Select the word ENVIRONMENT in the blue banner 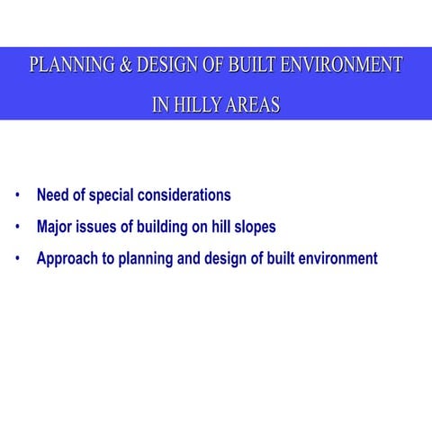click(x=343, y=66)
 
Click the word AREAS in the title click(x=251, y=106)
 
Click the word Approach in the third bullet click(x=67, y=259)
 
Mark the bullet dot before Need click(x=17, y=195)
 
